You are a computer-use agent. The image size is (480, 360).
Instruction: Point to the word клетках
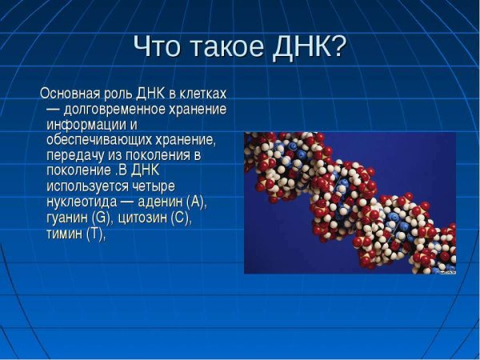point(202,93)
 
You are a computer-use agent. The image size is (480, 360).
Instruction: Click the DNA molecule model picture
point(350,202)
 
